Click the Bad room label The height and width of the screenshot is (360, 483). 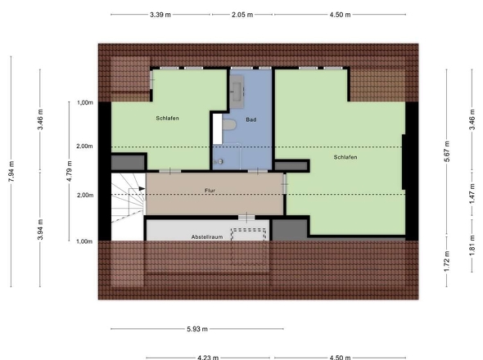[251, 119]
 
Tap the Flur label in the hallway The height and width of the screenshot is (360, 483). [210, 191]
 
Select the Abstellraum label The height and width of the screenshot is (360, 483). [207, 237]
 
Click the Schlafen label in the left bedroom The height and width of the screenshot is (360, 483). [167, 119]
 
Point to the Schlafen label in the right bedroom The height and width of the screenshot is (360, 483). [345, 157]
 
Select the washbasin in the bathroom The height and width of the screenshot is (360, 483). [237, 91]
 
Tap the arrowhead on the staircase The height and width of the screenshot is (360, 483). [142, 188]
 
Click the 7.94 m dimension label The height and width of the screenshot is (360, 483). [11, 171]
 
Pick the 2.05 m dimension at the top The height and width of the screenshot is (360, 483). [242, 15]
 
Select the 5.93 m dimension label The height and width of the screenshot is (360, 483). [197, 329]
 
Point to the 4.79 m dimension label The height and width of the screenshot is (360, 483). [70, 171]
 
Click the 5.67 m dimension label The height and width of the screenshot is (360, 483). [447, 151]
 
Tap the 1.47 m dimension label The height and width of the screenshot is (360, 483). [472, 193]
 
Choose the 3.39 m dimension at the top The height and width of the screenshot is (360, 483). [160, 15]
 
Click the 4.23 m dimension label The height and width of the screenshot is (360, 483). [208, 358]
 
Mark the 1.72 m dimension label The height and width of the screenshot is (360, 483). [447, 262]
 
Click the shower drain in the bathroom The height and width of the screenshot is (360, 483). [220, 161]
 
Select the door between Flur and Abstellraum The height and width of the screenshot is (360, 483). [246, 218]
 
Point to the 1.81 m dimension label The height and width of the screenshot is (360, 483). [472, 245]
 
